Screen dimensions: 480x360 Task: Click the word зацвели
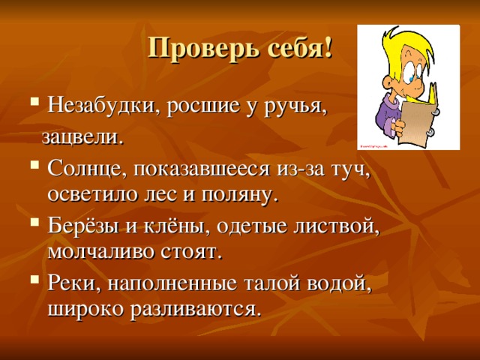pos(82,138)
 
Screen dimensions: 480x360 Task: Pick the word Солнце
pos(87,169)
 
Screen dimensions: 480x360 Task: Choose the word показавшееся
pos(202,169)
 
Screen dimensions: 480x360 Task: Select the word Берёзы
pos(82,226)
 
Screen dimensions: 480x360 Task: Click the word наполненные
pos(172,284)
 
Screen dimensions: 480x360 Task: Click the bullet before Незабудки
pos(35,100)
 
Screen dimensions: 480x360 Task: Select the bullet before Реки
pos(35,279)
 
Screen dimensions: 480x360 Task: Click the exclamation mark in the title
pos(328,48)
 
